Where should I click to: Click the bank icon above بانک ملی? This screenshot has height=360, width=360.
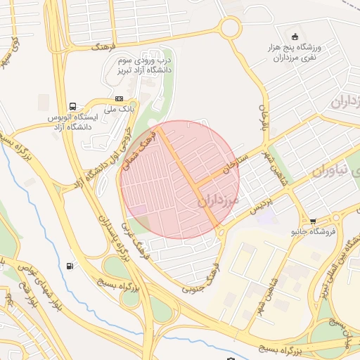pos(119,99)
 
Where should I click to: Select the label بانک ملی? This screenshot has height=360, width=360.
pos(119,110)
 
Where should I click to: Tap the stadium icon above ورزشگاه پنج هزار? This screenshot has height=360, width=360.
pos(295,37)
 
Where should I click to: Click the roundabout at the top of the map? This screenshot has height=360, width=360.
pos(229,28)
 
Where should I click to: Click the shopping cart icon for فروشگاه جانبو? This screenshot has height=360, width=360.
pos(312,220)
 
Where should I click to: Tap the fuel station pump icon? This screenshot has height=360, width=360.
pos(69,266)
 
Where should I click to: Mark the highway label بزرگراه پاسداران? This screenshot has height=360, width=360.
pos(114,240)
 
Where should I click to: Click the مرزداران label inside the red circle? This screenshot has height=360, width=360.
pos(219,200)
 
